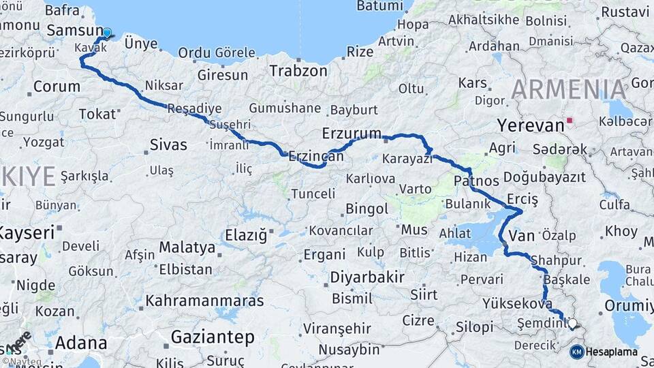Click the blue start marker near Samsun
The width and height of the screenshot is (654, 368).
(x=107, y=33)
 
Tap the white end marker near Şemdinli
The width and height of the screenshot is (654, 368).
(x=572, y=324)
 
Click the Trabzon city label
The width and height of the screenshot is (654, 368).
(x=298, y=70)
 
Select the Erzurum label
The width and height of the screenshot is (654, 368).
(x=352, y=133)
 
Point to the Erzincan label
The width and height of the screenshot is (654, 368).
(x=315, y=156)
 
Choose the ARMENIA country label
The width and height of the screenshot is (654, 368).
(x=568, y=90)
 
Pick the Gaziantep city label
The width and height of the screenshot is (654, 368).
(x=213, y=337)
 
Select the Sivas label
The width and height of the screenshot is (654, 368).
(x=168, y=144)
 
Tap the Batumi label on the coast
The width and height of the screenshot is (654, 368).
(x=379, y=6)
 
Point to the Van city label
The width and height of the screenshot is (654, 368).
(x=522, y=236)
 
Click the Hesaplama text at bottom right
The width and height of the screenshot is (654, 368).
(x=612, y=352)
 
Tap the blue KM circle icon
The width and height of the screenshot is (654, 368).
(x=576, y=352)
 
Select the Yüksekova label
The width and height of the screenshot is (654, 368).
(x=516, y=303)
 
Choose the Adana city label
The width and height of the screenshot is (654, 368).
(x=78, y=341)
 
